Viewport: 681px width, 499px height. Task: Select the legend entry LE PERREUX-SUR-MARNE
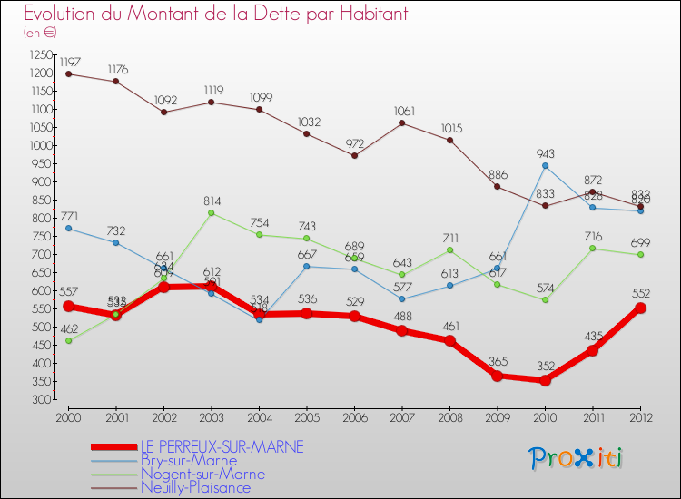[x=222, y=446]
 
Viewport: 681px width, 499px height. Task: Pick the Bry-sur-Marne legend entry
[x=189, y=460]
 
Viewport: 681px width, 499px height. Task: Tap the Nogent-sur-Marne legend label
[x=202, y=474]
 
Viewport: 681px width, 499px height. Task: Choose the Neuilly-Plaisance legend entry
[x=195, y=487]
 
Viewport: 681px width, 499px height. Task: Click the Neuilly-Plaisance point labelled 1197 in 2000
[x=69, y=73]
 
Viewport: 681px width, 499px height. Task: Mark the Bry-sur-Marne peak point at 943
[x=545, y=165]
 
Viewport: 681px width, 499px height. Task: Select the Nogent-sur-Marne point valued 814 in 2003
[x=212, y=212]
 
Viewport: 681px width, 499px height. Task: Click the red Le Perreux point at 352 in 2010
[x=545, y=380]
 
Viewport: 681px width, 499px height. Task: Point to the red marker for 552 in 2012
[x=640, y=308]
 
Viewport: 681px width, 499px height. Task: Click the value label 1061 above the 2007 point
[x=402, y=112]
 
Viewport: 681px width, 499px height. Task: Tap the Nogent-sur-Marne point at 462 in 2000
[x=69, y=340]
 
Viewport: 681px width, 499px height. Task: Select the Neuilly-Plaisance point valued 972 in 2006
[x=354, y=155]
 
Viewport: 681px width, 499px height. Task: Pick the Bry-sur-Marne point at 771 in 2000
[x=69, y=228]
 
